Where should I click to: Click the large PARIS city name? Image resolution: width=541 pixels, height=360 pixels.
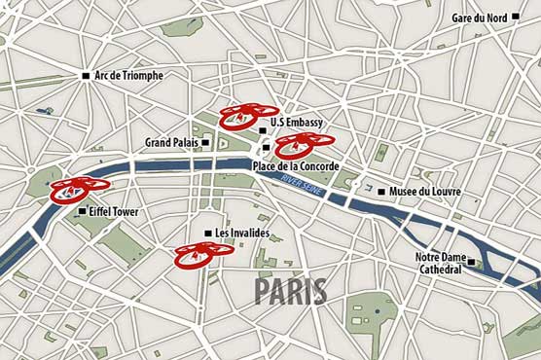pyautogui.click(x=291, y=291)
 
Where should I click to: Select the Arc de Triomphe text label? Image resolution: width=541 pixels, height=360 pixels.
pyautogui.click(x=128, y=76)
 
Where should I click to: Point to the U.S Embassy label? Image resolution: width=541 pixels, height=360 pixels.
pyautogui.click(x=297, y=123)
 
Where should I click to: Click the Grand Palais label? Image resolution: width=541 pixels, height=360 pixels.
pyautogui.click(x=171, y=142)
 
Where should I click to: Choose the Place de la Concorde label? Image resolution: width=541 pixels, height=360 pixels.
pyautogui.click(x=295, y=166)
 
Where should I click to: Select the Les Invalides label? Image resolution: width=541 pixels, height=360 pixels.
pyautogui.click(x=242, y=234)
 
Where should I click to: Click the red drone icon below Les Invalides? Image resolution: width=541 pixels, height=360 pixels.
pyautogui.click(x=204, y=254)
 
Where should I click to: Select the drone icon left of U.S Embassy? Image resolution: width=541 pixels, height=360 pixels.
pyautogui.click(x=248, y=117)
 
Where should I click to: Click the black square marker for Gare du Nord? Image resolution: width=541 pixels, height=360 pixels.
pyautogui.click(x=460, y=18)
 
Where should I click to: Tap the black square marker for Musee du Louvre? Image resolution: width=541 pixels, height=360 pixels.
pyautogui.click(x=381, y=192)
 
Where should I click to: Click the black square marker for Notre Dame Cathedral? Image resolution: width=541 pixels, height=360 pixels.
pyautogui.click(x=471, y=262)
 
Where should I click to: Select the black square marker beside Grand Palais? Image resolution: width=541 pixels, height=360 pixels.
pyautogui.click(x=205, y=142)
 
